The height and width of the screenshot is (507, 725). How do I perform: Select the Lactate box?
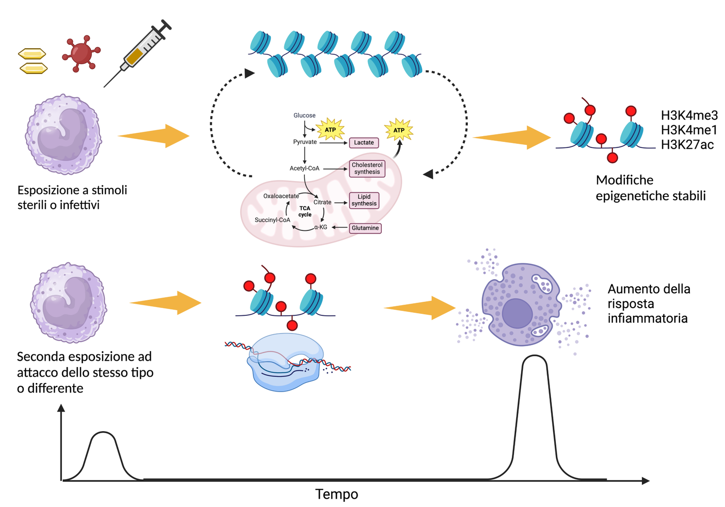(363, 142)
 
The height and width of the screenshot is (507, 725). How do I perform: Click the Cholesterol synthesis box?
(367, 169)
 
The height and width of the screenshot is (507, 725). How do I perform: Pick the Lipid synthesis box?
(364, 200)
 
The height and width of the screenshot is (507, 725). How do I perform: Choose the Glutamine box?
(365, 228)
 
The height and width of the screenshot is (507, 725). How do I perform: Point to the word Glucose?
(304, 115)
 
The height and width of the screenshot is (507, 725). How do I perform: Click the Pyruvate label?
(305, 142)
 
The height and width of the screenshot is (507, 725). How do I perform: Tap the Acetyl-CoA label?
(304, 169)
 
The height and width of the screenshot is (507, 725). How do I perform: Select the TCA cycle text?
(305, 211)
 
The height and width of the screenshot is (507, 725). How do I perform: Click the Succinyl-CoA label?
(273, 220)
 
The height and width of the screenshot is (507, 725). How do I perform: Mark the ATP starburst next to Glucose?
(330, 129)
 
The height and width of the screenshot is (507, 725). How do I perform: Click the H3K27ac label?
(687, 145)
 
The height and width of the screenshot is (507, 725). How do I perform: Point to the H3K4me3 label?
(689, 115)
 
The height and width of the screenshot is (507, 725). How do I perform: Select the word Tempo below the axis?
(336, 494)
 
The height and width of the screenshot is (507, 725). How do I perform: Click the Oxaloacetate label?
(281, 196)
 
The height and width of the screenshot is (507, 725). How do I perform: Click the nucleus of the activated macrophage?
(517, 313)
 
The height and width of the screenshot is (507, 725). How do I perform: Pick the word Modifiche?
(624, 180)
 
